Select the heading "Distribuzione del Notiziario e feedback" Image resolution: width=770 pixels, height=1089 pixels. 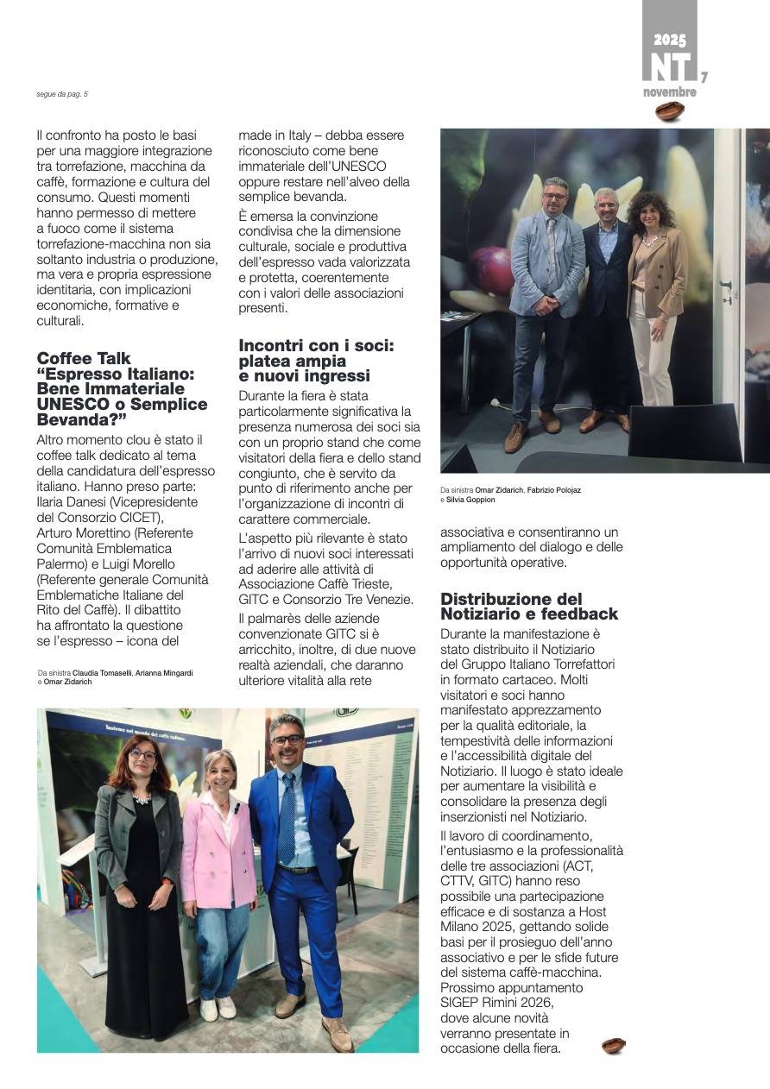point(528,607)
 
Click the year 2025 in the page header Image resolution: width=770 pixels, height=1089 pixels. point(670,40)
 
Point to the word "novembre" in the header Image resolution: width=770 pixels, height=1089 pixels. point(669,92)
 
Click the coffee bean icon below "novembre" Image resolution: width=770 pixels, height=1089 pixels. point(670,111)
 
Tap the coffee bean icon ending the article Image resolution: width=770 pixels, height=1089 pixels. point(614,1046)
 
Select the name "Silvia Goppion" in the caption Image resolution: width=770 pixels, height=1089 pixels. point(470,500)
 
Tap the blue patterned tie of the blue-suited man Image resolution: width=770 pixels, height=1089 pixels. point(287,821)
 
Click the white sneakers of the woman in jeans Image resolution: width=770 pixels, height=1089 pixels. point(218,1008)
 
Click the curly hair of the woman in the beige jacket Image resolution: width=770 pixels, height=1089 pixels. point(650,207)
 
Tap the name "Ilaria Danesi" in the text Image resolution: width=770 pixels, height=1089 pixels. point(73,501)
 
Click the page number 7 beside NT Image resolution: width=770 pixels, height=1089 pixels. point(704,78)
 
